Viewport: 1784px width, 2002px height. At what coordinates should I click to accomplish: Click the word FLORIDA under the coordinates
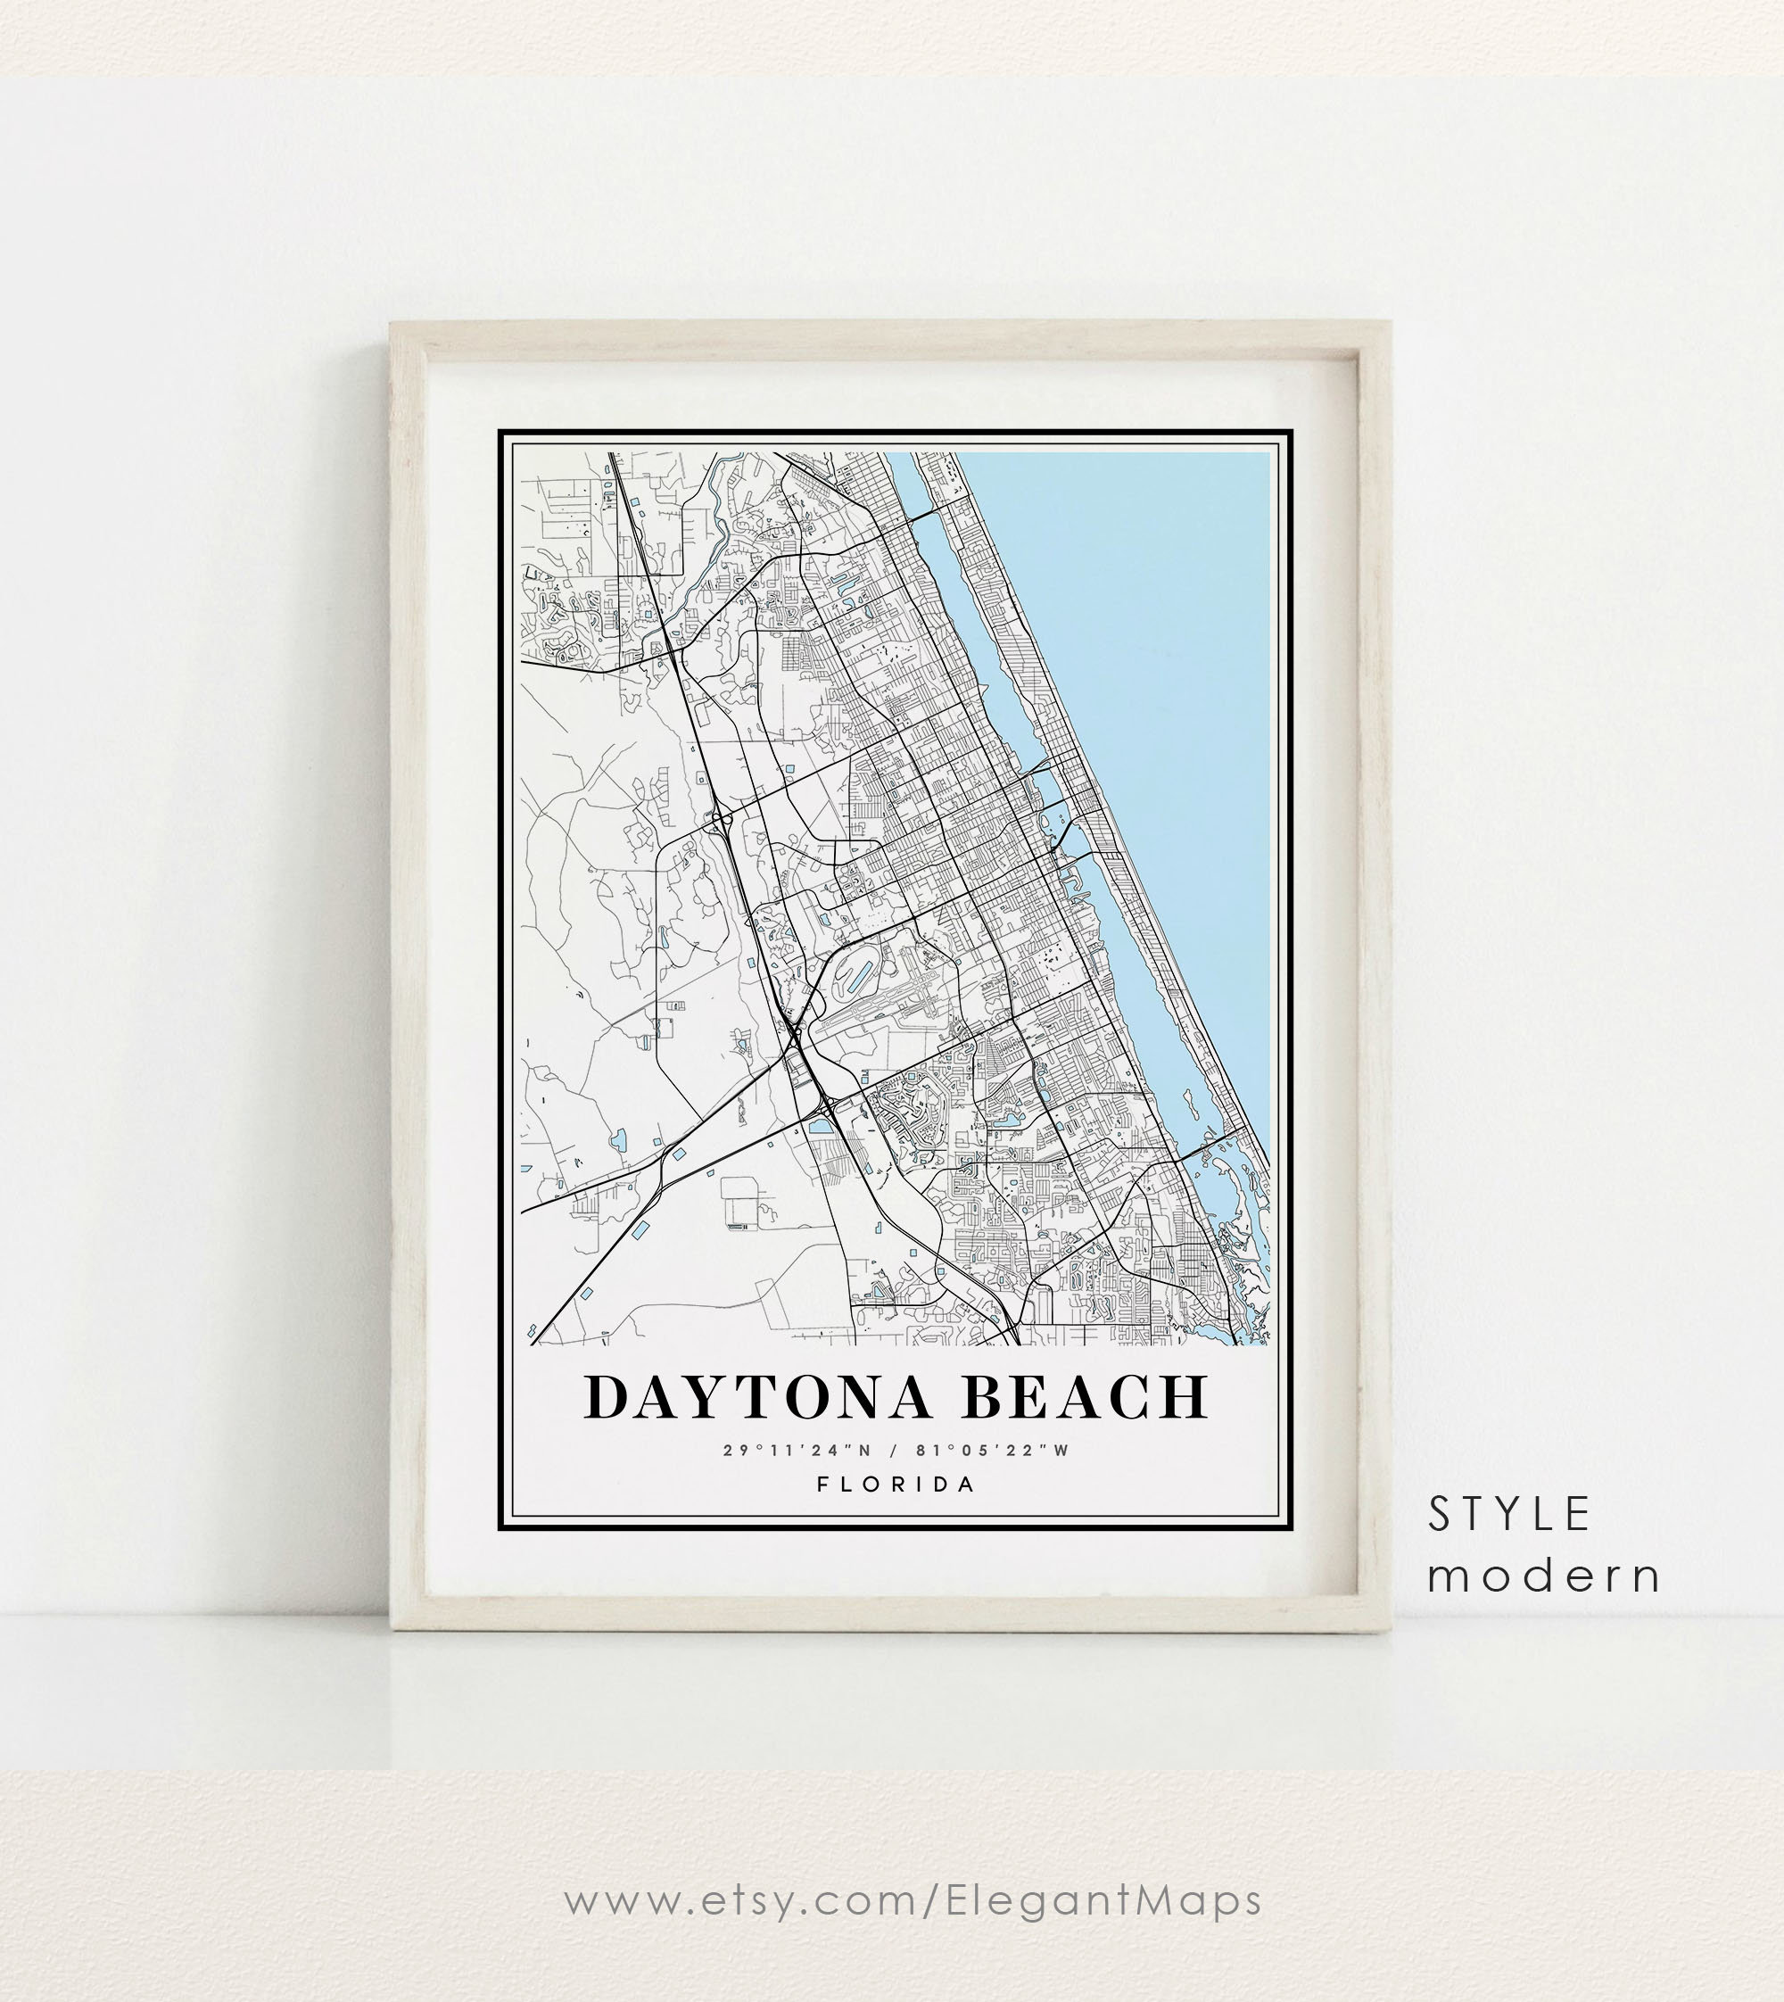pos(896,1485)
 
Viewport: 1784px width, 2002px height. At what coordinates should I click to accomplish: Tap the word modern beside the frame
pos(1544,1576)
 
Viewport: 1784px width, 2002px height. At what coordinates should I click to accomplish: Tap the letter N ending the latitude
pos(863,1450)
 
